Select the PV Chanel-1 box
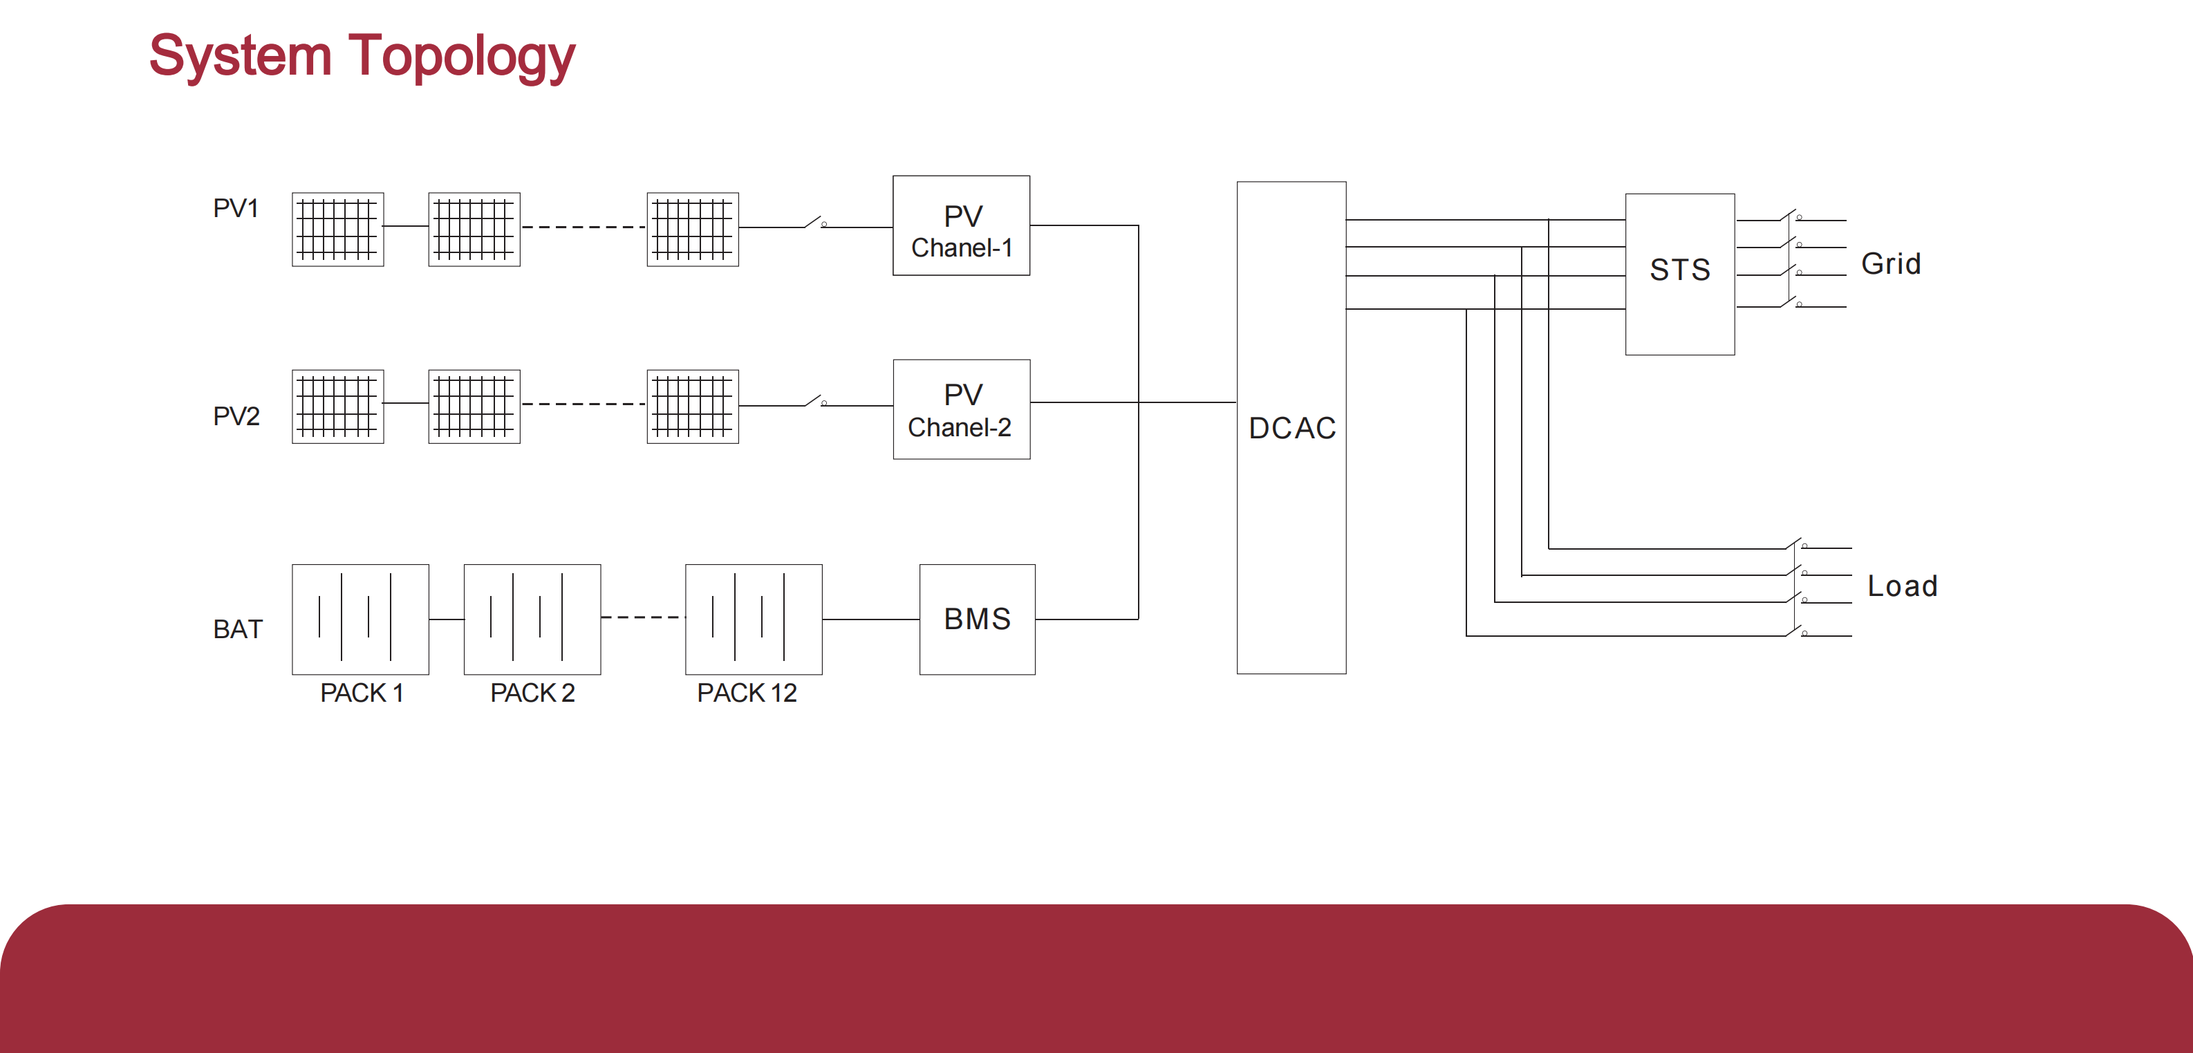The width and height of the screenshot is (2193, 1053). point(960,225)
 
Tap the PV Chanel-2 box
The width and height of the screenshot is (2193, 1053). point(961,409)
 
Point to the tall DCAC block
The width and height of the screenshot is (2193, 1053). point(1291,427)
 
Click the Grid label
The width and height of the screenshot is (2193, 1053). point(1890,264)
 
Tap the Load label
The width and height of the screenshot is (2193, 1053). point(1901,586)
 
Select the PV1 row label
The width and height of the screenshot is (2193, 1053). point(235,209)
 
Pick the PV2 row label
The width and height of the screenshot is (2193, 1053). point(236,416)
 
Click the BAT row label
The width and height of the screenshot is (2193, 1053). point(238,629)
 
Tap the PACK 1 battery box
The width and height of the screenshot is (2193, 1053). point(360,619)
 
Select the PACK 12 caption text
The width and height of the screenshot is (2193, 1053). point(747,693)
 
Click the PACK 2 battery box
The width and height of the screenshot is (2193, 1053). point(532,619)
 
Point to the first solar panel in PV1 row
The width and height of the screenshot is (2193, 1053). point(337,229)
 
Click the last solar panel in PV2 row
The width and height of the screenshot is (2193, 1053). point(692,406)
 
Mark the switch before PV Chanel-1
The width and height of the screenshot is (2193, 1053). point(814,223)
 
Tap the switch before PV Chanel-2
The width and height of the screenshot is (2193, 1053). point(814,401)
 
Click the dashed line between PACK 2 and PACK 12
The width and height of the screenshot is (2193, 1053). point(643,617)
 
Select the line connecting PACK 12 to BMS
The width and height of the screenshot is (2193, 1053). point(870,619)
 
